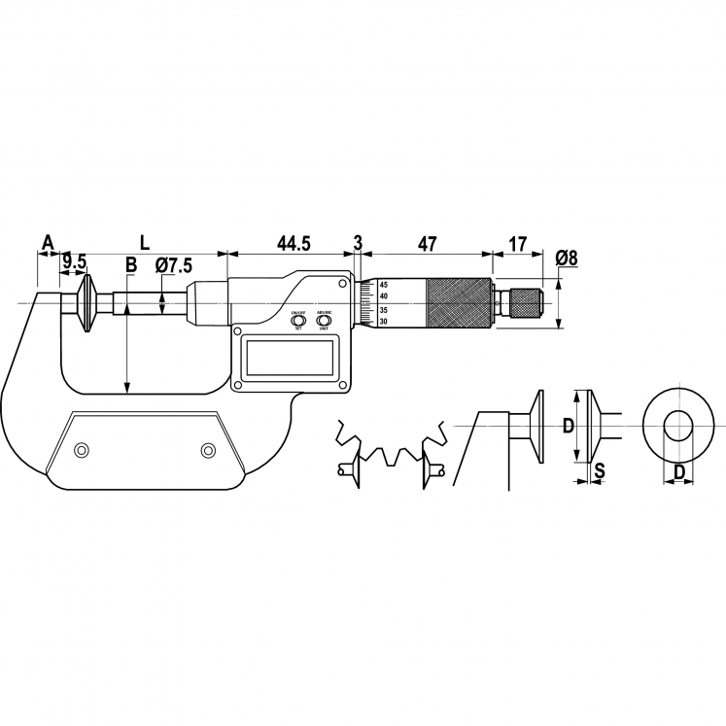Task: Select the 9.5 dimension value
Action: tap(75, 261)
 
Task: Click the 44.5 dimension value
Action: tap(293, 243)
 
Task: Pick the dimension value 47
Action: tap(426, 243)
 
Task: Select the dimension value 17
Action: tap(518, 243)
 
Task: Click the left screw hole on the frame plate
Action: tap(83, 449)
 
